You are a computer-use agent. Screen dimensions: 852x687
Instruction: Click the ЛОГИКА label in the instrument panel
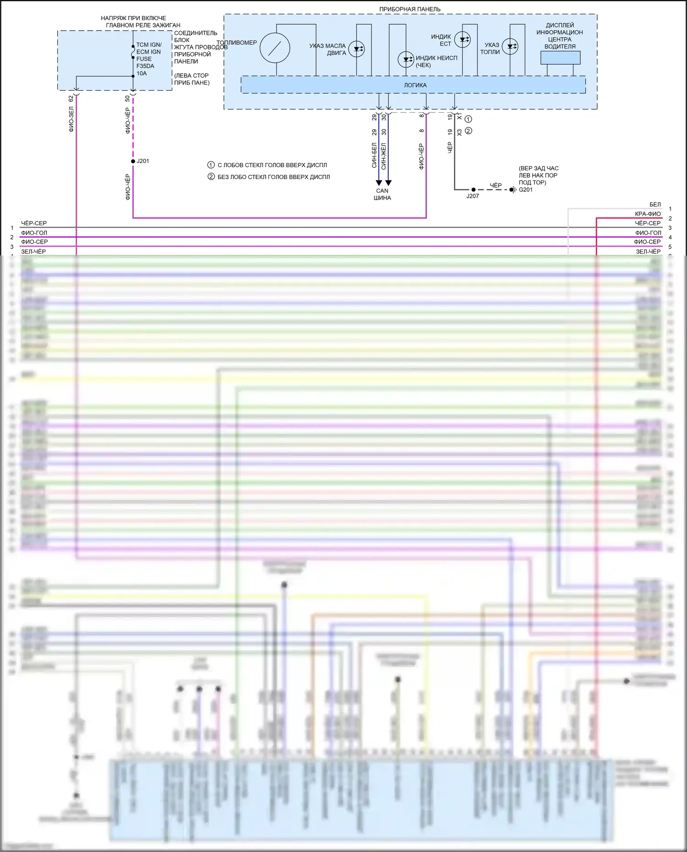(415, 85)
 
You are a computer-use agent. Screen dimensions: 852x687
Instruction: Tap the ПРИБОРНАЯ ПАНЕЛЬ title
(409, 9)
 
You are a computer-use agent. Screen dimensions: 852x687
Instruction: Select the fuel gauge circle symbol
(275, 48)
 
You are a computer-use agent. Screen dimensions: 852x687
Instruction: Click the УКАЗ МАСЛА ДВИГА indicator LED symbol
(356, 49)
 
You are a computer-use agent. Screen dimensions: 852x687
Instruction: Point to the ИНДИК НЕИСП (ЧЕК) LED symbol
(406, 60)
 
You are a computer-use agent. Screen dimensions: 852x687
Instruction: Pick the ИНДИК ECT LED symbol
(463, 39)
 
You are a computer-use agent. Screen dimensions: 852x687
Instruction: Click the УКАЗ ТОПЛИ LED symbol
(510, 46)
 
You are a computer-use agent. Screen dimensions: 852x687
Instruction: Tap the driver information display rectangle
(560, 58)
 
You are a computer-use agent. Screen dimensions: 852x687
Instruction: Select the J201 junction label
(143, 161)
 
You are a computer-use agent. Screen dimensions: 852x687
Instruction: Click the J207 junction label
(473, 196)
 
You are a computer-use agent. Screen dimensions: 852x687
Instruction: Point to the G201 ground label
(526, 190)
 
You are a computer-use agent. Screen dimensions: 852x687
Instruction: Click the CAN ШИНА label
(382, 195)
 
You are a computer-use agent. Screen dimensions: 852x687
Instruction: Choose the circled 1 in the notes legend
(211, 165)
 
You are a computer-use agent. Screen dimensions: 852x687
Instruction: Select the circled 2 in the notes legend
(211, 177)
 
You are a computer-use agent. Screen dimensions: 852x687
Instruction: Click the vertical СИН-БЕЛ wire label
(374, 155)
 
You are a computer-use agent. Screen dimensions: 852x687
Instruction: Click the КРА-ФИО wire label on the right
(648, 214)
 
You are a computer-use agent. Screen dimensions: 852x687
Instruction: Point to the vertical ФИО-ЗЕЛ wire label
(71, 119)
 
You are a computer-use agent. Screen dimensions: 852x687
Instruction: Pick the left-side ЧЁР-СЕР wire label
(34, 223)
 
